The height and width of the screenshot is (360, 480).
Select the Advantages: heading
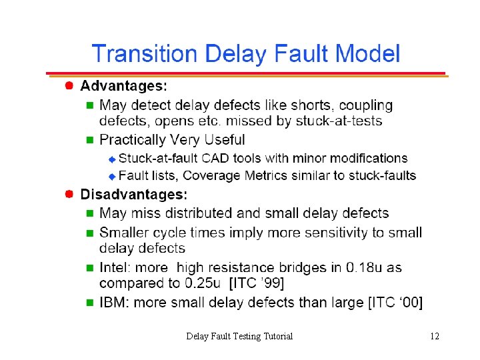[x=124, y=85]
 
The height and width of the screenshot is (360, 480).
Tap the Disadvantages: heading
[x=134, y=195]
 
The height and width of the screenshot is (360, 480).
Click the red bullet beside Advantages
[x=69, y=85]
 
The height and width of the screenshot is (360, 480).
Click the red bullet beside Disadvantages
[x=69, y=194]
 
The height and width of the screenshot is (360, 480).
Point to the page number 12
[x=434, y=336]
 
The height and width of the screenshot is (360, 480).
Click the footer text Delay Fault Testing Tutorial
[x=239, y=336]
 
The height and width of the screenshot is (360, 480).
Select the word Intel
[x=115, y=267]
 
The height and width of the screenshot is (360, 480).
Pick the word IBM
[x=115, y=303]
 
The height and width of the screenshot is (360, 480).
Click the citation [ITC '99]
[x=257, y=283]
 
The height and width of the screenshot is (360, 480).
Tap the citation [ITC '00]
[x=395, y=303]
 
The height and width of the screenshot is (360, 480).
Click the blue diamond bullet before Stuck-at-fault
[x=112, y=159]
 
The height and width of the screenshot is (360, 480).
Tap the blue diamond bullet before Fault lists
[x=112, y=177]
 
